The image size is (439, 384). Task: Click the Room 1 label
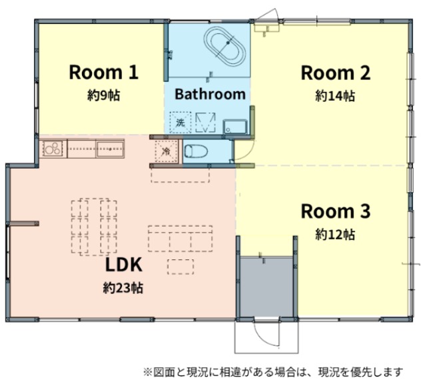tap(104, 72)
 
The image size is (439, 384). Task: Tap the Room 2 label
tap(335, 73)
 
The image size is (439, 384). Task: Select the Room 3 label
tap(335, 211)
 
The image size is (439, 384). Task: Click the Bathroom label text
tap(210, 94)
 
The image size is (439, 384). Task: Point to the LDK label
tap(123, 265)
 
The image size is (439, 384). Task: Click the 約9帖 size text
tap(104, 95)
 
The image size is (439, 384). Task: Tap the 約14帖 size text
tap(335, 96)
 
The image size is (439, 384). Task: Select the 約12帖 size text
tap(335, 235)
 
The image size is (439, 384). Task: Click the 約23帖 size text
tap(123, 287)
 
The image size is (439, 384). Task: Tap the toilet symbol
tap(196, 151)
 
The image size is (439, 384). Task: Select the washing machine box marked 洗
tap(181, 123)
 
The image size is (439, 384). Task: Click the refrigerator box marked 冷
tap(167, 151)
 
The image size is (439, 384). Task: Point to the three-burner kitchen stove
tap(53, 149)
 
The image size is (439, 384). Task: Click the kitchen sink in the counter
tap(111, 149)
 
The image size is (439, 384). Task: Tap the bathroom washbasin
tap(235, 127)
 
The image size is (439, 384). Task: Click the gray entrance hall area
tap(267, 286)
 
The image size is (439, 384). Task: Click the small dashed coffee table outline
tap(181, 267)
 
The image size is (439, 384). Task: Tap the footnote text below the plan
tap(273, 372)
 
